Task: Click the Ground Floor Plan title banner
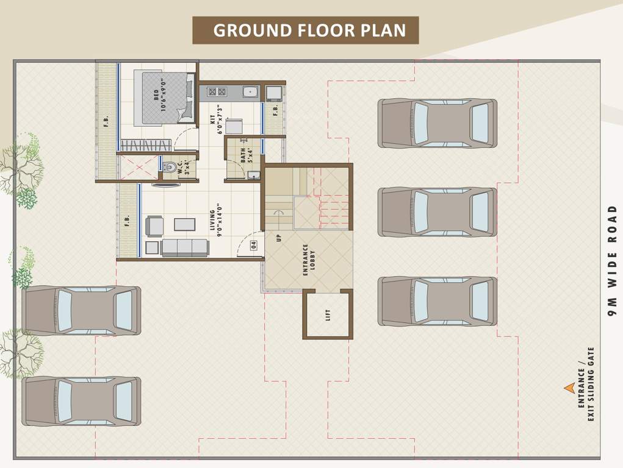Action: coord(306,30)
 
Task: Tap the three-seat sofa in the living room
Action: coord(185,247)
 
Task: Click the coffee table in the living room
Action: coord(184,224)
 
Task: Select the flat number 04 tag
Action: coord(253,246)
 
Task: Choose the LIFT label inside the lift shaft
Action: coord(328,315)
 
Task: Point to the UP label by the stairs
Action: coord(279,238)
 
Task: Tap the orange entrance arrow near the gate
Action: coord(569,388)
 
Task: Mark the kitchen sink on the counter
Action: coord(250,93)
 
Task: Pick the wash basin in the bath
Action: coord(254,175)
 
